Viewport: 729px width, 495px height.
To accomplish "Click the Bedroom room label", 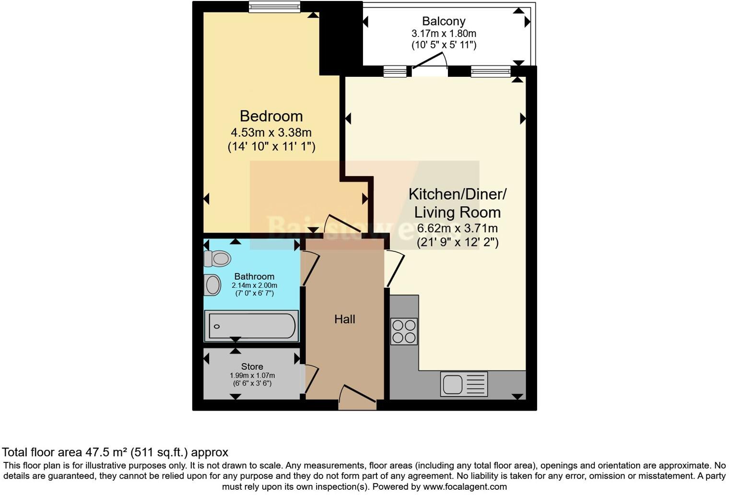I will click(x=271, y=116).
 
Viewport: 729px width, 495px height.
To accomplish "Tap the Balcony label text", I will click(x=444, y=21).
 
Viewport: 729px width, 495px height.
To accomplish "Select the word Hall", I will click(x=344, y=319).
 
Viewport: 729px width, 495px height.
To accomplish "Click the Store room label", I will click(x=252, y=366).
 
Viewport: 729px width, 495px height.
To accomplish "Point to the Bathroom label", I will click(x=254, y=276).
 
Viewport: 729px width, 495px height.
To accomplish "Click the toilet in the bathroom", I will click(x=217, y=259).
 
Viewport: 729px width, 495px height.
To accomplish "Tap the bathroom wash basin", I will click(x=212, y=285).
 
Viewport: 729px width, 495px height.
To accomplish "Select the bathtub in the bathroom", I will click(x=251, y=327).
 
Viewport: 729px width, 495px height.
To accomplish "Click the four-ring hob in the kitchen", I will click(x=404, y=331).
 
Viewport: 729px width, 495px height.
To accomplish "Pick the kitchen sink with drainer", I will click(x=464, y=384).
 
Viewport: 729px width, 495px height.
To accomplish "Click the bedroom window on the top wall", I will click(x=274, y=7).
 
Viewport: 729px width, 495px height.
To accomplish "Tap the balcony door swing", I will click(x=429, y=62).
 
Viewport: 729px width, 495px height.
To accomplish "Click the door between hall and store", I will click(x=311, y=379).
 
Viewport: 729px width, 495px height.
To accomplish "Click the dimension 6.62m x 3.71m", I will click(x=457, y=228).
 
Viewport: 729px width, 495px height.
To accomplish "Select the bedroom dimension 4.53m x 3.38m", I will click(x=271, y=132).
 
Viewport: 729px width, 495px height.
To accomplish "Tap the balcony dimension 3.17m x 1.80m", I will click(x=444, y=34).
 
